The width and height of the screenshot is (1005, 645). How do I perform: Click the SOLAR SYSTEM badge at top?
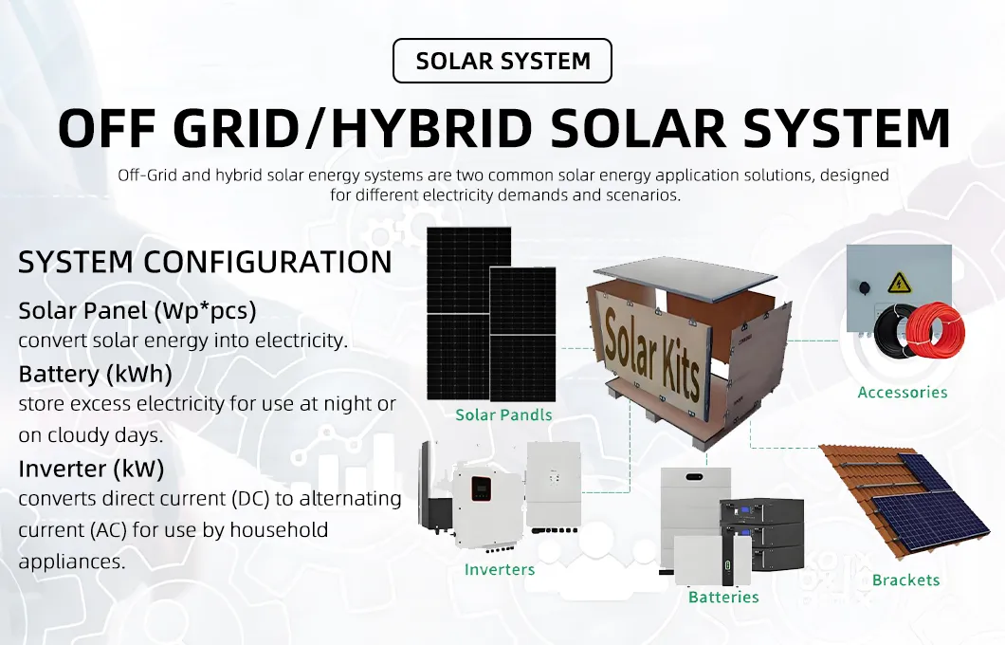click(502, 61)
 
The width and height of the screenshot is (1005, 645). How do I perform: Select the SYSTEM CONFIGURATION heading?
click(205, 263)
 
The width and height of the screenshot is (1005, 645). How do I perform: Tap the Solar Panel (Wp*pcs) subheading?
click(137, 310)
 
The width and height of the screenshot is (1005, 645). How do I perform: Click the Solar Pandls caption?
click(503, 415)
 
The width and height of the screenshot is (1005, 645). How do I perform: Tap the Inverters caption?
click(500, 570)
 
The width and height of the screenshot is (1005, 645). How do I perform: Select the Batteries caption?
click(723, 598)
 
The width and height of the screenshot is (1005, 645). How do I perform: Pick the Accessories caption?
click(902, 392)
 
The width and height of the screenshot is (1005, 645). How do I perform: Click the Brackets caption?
click(905, 580)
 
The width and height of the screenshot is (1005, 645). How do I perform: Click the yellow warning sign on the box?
click(899, 282)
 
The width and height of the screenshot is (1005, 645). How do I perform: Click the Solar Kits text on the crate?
click(651, 351)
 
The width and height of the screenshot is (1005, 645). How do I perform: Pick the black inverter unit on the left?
click(431, 493)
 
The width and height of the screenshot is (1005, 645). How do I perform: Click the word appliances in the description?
click(71, 561)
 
